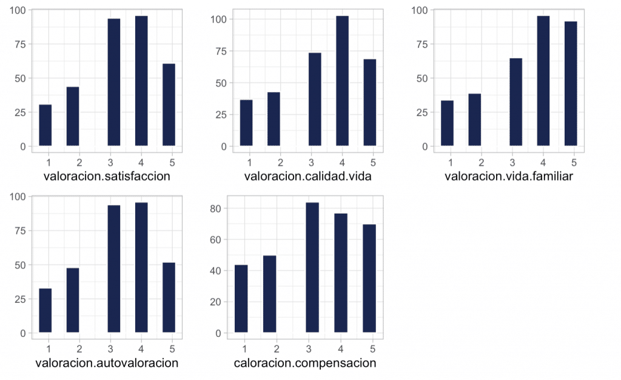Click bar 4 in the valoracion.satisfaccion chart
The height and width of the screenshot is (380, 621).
pyautogui.click(x=141, y=81)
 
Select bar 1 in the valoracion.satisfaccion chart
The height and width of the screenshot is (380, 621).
pyautogui.click(x=45, y=125)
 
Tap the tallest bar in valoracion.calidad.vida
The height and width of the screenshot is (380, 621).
pyautogui.click(x=342, y=81)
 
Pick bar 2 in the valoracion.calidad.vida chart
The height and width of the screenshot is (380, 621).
pyautogui.click(x=274, y=119)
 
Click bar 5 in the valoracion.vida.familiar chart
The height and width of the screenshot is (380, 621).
pyautogui.click(x=571, y=84)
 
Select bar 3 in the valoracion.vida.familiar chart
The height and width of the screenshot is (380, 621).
pyautogui.click(x=516, y=102)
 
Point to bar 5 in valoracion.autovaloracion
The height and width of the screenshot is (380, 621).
pyautogui.click(x=169, y=297)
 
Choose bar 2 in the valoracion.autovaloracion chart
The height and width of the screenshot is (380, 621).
pyautogui.click(x=73, y=300)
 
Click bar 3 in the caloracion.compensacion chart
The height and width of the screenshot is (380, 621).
pyautogui.click(x=312, y=268)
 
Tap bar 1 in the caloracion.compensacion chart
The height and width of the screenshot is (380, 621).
pyautogui.click(x=241, y=299)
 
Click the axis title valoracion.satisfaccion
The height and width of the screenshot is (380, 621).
pyautogui.click(x=107, y=177)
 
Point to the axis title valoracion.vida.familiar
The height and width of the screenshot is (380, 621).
pyautogui.click(x=509, y=177)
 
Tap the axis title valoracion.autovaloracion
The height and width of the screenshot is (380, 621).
pyautogui.click(x=107, y=364)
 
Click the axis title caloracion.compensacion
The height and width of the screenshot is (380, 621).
pyautogui.click(x=306, y=364)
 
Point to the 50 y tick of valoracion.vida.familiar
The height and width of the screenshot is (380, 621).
pyautogui.click(x=420, y=78)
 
